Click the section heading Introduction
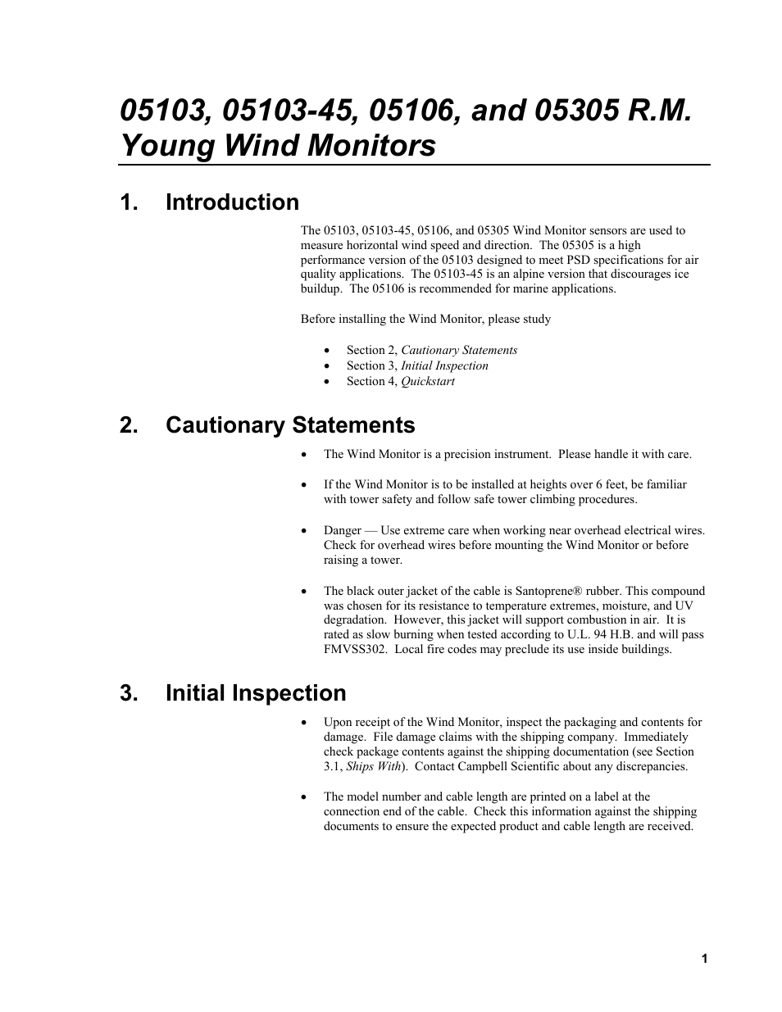tap(232, 202)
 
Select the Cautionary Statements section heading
tap(290, 425)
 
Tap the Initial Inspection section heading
tap(256, 693)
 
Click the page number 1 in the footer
tap(704, 959)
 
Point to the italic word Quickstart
tap(427, 381)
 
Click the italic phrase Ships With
tap(374, 766)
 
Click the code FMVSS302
tap(355, 649)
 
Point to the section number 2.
tap(128, 425)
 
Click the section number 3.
tap(128, 693)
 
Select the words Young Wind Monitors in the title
tap(278, 146)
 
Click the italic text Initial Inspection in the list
tap(444, 365)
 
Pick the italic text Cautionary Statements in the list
tap(459, 350)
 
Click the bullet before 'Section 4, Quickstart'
tap(327, 382)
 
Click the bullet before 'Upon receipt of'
tap(305, 723)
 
